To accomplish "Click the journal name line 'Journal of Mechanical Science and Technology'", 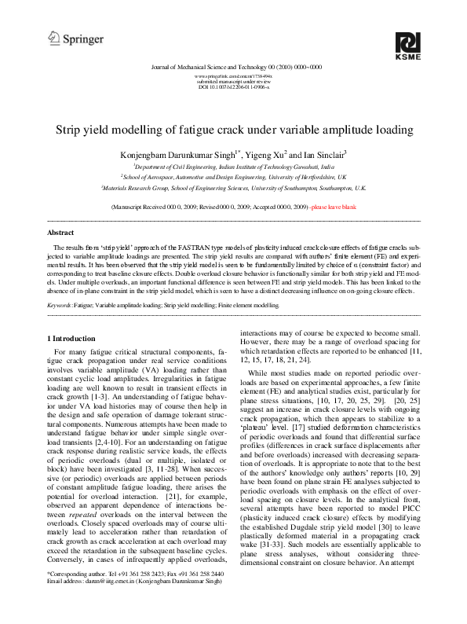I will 233,68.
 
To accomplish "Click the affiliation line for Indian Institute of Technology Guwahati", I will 233,167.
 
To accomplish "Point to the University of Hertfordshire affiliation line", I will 233,178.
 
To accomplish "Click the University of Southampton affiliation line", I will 233,189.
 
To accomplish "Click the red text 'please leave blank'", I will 334,206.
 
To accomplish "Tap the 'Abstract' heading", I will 61,233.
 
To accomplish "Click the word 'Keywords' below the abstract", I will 60,303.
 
